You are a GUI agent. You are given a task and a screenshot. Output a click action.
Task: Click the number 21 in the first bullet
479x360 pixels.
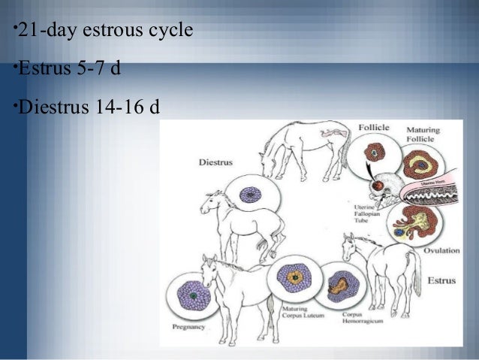click(28, 32)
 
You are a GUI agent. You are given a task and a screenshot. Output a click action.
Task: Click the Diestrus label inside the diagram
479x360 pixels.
click(215, 161)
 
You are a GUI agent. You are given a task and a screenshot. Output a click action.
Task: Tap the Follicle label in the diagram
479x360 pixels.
click(373, 128)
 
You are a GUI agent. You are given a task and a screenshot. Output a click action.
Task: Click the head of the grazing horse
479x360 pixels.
click(267, 162)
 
